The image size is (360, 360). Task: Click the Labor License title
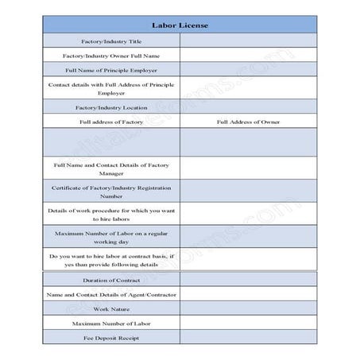click(x=180, y=25)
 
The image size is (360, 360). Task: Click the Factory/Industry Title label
click(x=111, y=41)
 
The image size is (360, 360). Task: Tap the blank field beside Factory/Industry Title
click(x=248, y=41)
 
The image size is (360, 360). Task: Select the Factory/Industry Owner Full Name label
click(x=111, y=56)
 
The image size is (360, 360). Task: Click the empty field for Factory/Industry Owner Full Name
click(x=248, y=56)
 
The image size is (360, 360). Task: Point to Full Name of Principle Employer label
click(x=111, y=70)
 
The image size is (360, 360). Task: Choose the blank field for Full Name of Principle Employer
click(x=248, y=70)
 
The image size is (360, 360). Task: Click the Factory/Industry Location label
click(x=111, y=106)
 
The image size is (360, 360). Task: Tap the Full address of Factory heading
click(x=111, y=122)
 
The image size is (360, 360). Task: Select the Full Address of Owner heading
click(x=248, y=122)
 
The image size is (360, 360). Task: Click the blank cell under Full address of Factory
click(x=111, y=142)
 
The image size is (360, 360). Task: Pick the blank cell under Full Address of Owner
click(x=248, y=142)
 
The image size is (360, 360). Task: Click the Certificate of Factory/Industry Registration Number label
click(x=111, y=191)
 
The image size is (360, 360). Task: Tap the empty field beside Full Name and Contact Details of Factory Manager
click(x=248, y=168)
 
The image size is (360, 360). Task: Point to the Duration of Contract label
click(x=111, y=280)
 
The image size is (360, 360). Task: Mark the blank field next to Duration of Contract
click(x=248, y=280)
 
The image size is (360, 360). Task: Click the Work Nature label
click(x=111, y=308)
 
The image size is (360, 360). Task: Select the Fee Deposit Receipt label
click(x=111, y=337)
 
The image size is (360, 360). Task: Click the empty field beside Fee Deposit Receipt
click(x=248, y=337)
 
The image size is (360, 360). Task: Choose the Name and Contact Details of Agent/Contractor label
click(x=111, y=294)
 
